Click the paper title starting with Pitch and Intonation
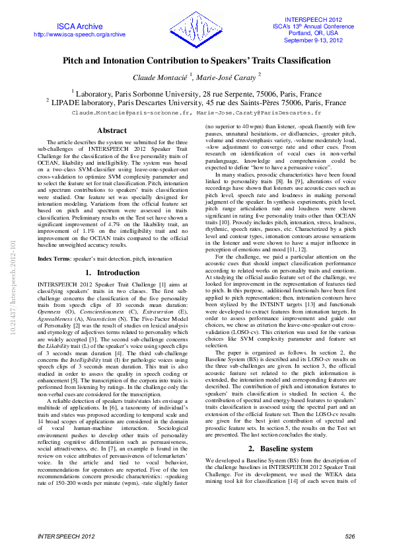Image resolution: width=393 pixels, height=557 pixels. click(196, 60)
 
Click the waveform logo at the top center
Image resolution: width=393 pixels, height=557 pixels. click(196, 27)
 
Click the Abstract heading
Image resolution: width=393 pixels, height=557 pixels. click(112, 131)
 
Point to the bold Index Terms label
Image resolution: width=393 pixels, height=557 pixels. click(55, 258)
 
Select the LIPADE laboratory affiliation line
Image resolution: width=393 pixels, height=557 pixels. click(196, 103)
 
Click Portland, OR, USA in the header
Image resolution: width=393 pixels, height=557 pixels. click(314, 33)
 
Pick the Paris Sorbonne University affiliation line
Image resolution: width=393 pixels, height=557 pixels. click(196, 94)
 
